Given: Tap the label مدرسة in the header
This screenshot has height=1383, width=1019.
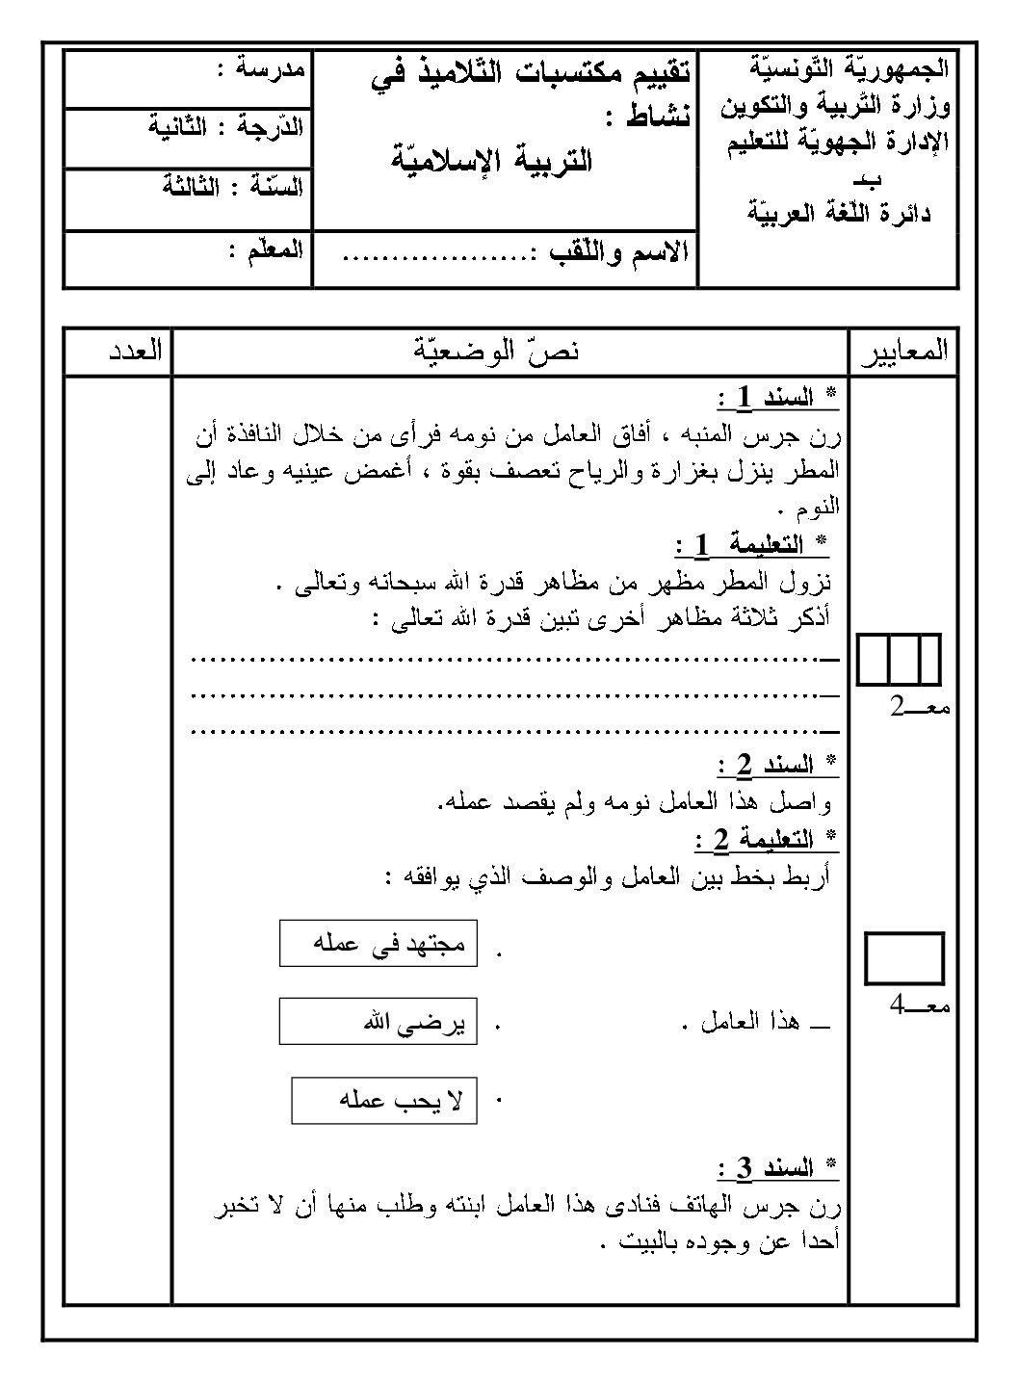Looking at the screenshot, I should pos(260,69).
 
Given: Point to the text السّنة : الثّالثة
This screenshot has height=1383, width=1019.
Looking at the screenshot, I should pos(232,187).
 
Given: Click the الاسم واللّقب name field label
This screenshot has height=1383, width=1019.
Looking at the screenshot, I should pos(618,254).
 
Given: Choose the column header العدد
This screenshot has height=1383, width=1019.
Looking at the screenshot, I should pos(134,352).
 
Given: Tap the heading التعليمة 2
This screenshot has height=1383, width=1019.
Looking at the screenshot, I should pos(765,840).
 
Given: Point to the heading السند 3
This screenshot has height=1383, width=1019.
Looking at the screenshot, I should pos(776,1169).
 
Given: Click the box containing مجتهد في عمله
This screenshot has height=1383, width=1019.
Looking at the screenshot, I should pos(379,944).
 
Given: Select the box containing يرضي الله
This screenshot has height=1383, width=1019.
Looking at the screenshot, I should pos(379,1022).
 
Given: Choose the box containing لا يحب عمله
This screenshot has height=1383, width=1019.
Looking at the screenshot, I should pos(384,1100).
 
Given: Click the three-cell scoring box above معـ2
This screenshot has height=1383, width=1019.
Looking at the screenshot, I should pos(900,661).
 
